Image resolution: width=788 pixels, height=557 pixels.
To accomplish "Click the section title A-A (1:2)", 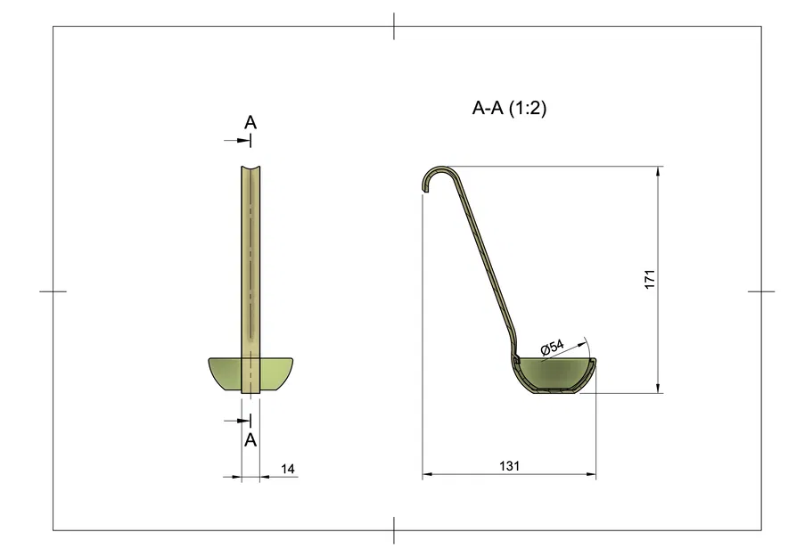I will pos(508,109).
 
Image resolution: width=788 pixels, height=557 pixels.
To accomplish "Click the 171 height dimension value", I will pos(650,278).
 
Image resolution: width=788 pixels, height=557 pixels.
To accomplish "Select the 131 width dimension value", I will pos(509,465).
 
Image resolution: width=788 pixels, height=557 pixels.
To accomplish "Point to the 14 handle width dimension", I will pos(287,468).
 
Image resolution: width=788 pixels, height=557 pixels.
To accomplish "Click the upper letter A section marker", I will pos(250,122).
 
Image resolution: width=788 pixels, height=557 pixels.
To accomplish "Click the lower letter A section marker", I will pos(250,439).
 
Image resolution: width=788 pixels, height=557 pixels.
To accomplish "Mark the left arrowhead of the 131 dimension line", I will pos(427,475).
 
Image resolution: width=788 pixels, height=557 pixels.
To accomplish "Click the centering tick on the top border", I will pos(394,27).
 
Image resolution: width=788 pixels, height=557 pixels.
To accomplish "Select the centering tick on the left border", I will pos(53,291).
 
